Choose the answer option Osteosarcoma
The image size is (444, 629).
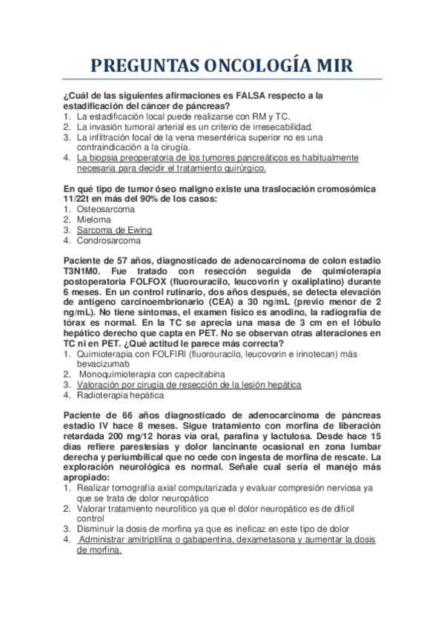pos(106,209)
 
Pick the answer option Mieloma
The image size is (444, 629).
pos(94,220)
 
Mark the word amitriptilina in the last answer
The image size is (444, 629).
pos(148,539)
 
